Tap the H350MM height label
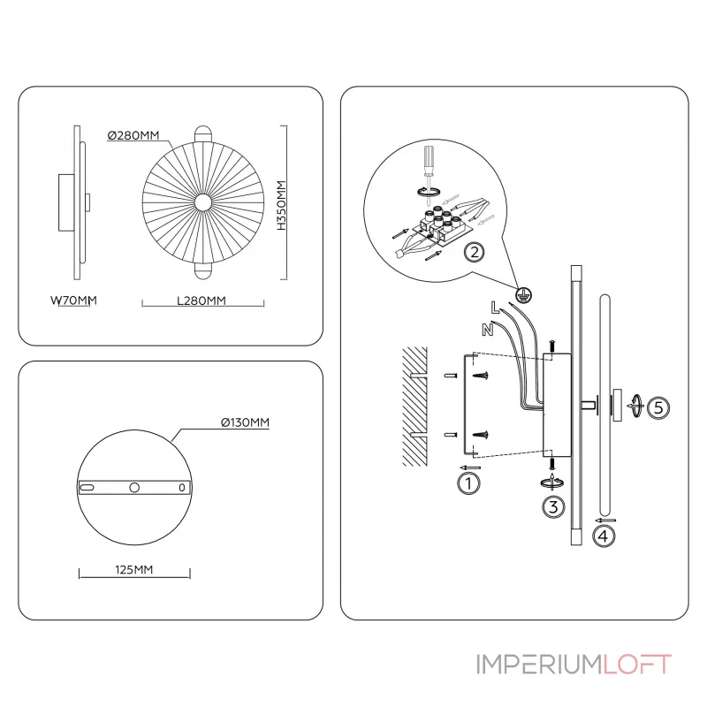point(281,205)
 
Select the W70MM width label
point(72,300)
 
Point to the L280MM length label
point(202,300)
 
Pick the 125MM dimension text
point(134,570)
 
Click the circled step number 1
point(468,483)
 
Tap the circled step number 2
point(475,253)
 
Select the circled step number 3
point(552,506)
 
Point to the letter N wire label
point(486,330)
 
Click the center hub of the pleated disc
point(202,203)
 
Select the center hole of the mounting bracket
point(134,487)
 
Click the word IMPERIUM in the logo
point(539,664)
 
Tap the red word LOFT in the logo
point(637,664)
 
